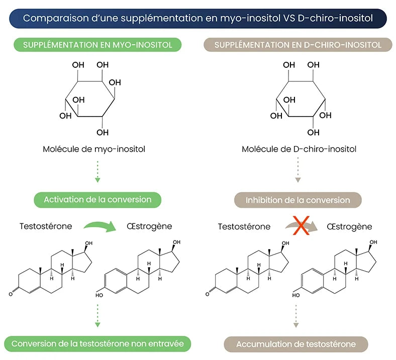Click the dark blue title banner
click(198, 19)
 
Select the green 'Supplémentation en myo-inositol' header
click(97, 45)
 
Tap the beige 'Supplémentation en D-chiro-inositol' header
click(298, 45)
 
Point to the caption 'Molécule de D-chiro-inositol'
click(299, 149)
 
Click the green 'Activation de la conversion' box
click(97, 199)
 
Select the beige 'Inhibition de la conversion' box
click(298, 200)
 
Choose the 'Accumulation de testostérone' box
click(296, 344)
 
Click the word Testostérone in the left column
click(46, 226)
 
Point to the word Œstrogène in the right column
click(349, 226)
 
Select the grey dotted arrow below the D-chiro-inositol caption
click(298, 172)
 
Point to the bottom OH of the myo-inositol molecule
click(102, 133)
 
